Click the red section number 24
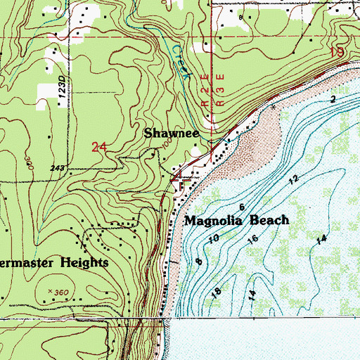(x=100, y=146)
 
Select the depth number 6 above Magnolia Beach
(x=242, y=207)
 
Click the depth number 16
(x=252, y=240)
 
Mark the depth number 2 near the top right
(x=333, y=101)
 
